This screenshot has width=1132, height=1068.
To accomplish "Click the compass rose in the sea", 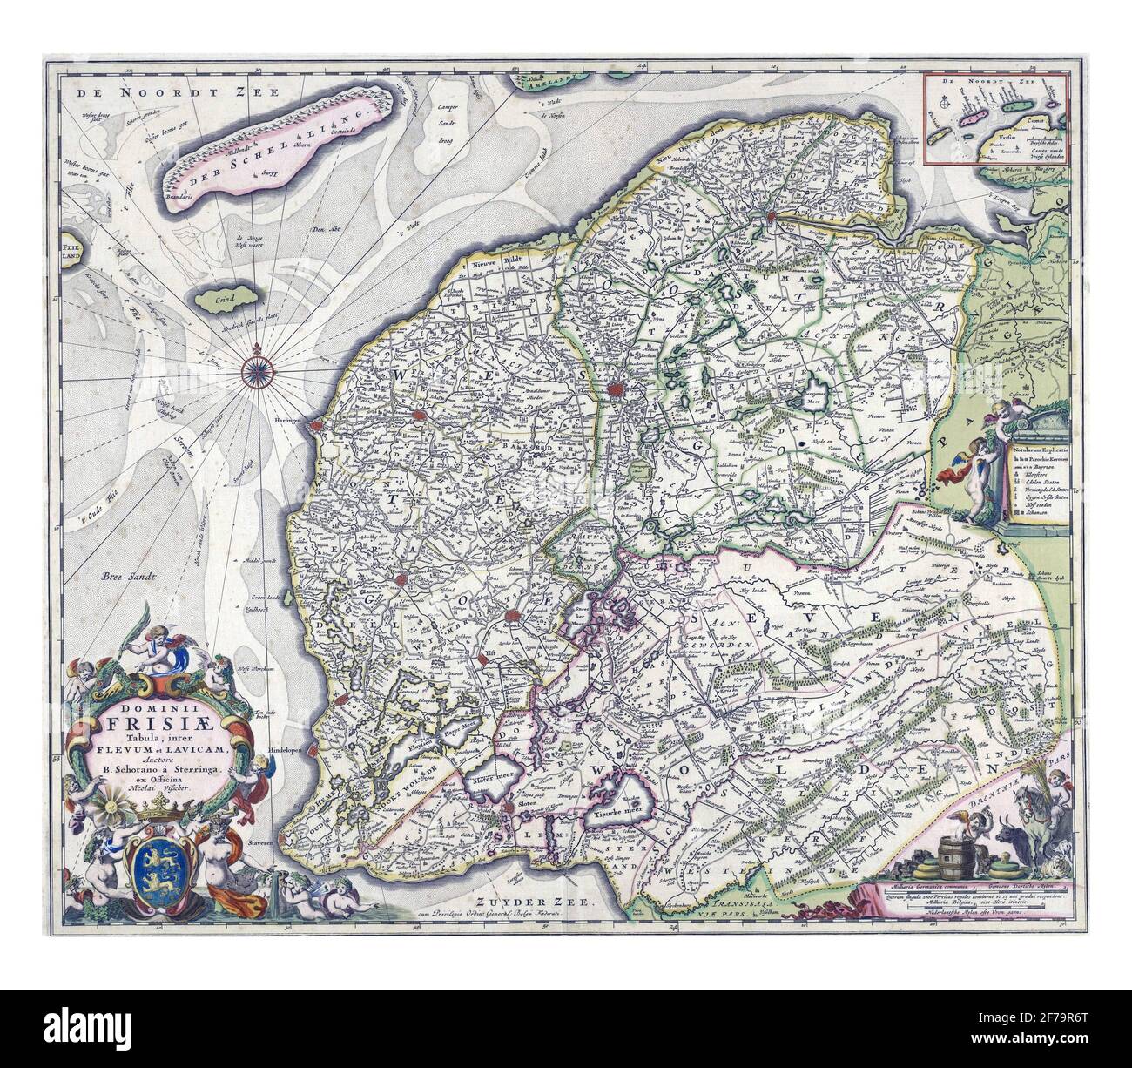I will (259, 370).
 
